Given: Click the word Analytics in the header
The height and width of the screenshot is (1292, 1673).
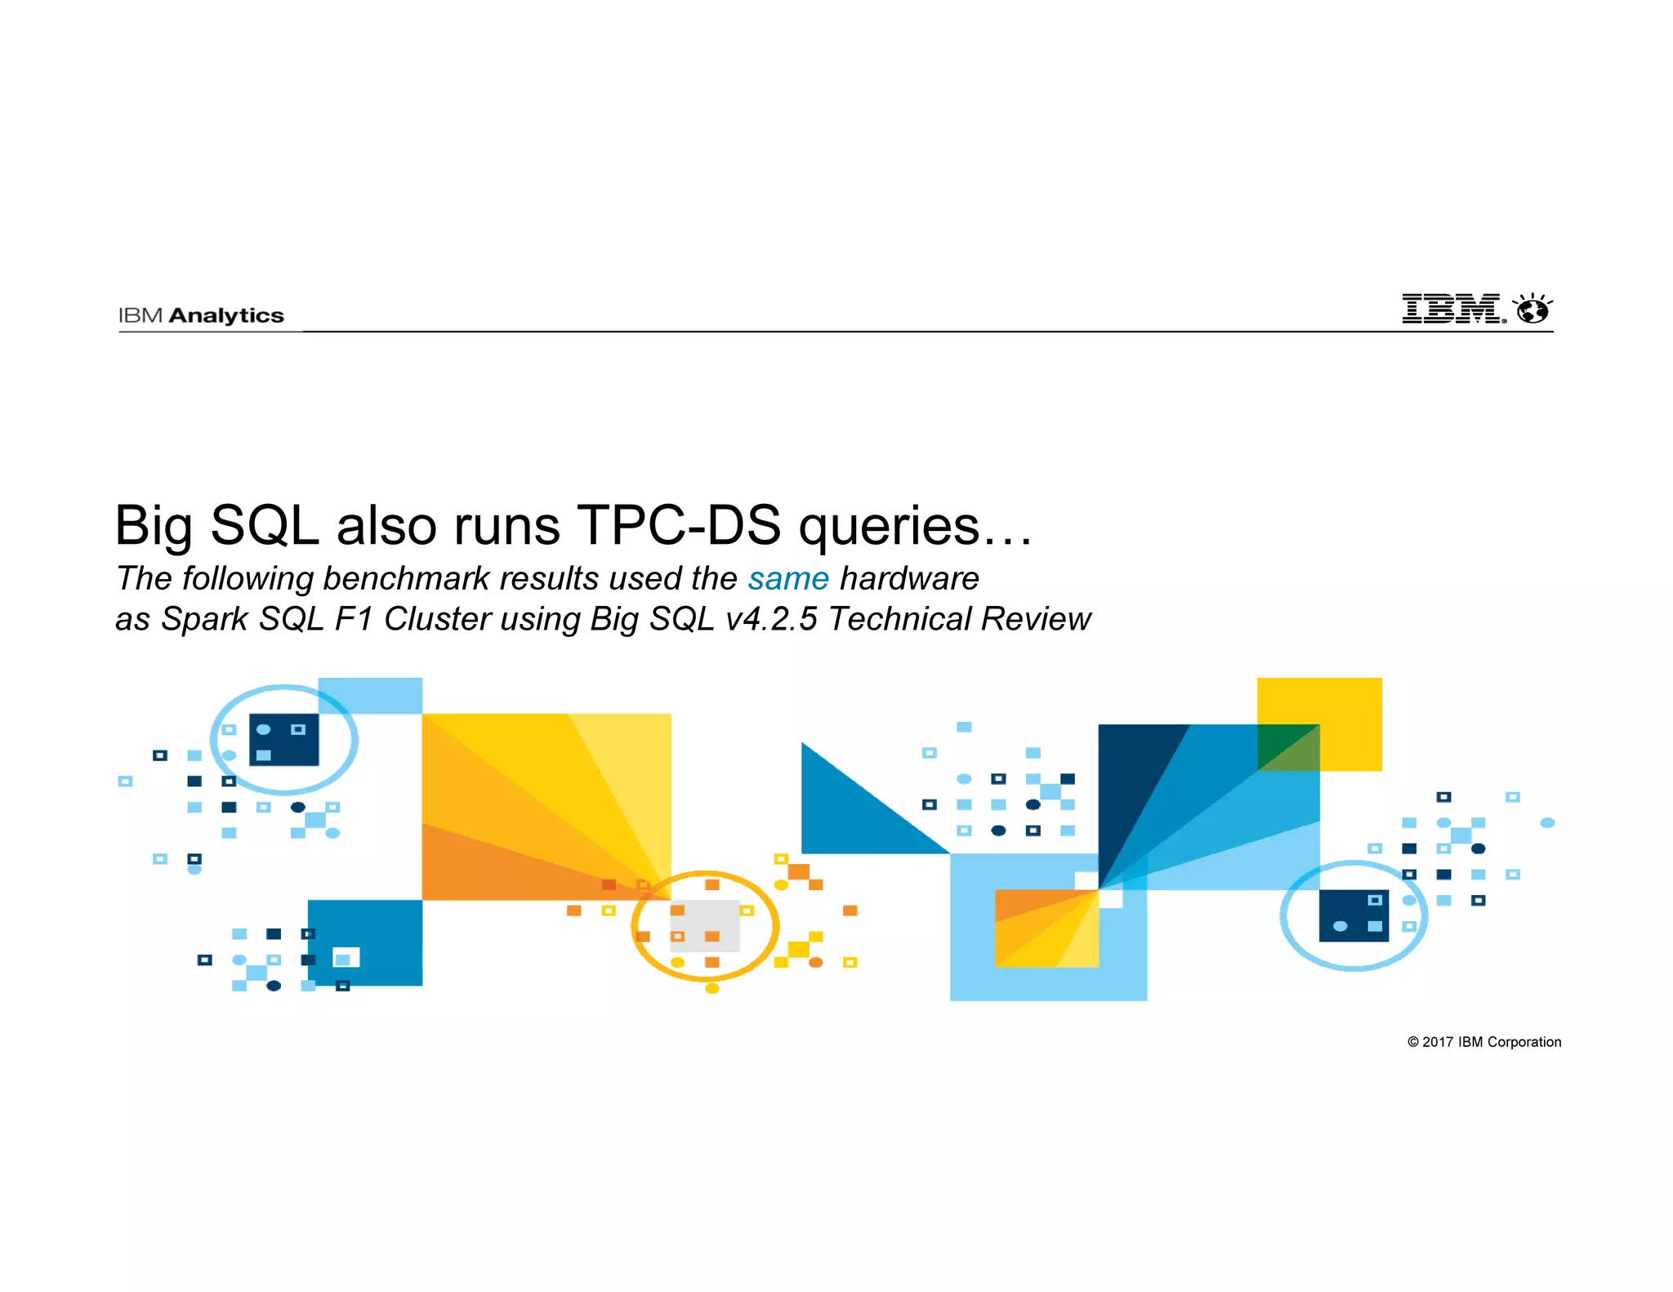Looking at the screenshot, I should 226,316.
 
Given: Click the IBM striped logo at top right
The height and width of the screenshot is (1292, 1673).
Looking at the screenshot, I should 1452,309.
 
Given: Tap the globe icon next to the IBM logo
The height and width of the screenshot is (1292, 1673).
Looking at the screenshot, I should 1532,310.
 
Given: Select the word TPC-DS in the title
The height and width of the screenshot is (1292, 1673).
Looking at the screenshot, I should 678,525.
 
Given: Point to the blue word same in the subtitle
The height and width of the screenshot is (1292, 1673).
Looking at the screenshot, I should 788,578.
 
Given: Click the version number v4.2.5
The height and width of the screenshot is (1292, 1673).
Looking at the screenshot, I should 771,619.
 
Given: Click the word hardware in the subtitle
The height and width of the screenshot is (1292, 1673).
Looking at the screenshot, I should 909,578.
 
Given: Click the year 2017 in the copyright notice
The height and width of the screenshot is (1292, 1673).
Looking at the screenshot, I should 1438,1042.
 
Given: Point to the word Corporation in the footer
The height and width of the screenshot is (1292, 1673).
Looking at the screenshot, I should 1524,1042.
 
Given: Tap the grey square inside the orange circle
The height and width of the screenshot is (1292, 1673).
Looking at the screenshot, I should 704,926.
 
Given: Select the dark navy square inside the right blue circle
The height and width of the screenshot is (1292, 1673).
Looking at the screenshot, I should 1353,916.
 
